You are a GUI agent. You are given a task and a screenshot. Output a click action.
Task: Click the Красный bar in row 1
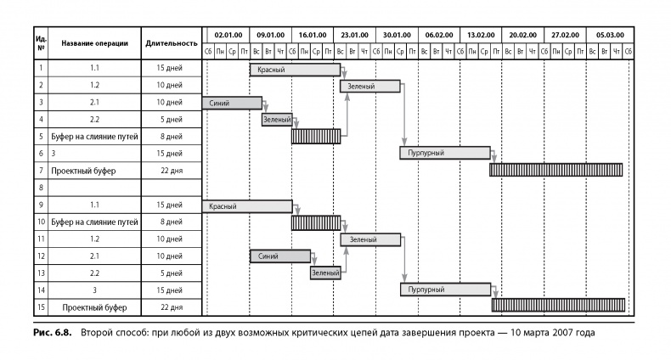click(x=295, y=70)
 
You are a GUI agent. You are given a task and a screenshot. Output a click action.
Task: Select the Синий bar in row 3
click(x=232, y=103)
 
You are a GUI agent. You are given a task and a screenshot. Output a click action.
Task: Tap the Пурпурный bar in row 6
click(x=445, y=153)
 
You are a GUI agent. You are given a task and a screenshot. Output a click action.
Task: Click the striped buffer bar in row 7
click(x=555, y=170)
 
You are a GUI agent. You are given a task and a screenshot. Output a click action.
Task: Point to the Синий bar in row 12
click(x=279, y=256)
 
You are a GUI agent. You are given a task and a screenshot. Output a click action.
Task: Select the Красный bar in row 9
click(x=246, y=205)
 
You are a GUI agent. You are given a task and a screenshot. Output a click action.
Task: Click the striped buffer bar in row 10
click(x=316, y=222)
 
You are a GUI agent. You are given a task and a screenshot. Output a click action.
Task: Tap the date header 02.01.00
click(x=228, y=36)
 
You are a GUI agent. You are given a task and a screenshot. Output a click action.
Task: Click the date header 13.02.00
click(x=481, y=36)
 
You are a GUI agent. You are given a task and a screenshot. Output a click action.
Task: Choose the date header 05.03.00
click(x=609, y=36)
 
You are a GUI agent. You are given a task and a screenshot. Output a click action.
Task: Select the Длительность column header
click(x=172, y=43)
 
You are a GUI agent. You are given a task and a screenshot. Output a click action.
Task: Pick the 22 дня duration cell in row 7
click(x=172, y=170)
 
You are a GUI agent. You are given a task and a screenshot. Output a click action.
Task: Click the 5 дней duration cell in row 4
click(x=172, y=120)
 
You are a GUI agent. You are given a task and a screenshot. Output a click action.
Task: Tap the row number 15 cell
click(x=41, y=306)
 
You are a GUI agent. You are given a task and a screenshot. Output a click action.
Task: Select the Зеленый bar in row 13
click(x=325, y=273)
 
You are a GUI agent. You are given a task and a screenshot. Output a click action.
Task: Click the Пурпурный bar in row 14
click(x=446, y=290)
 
